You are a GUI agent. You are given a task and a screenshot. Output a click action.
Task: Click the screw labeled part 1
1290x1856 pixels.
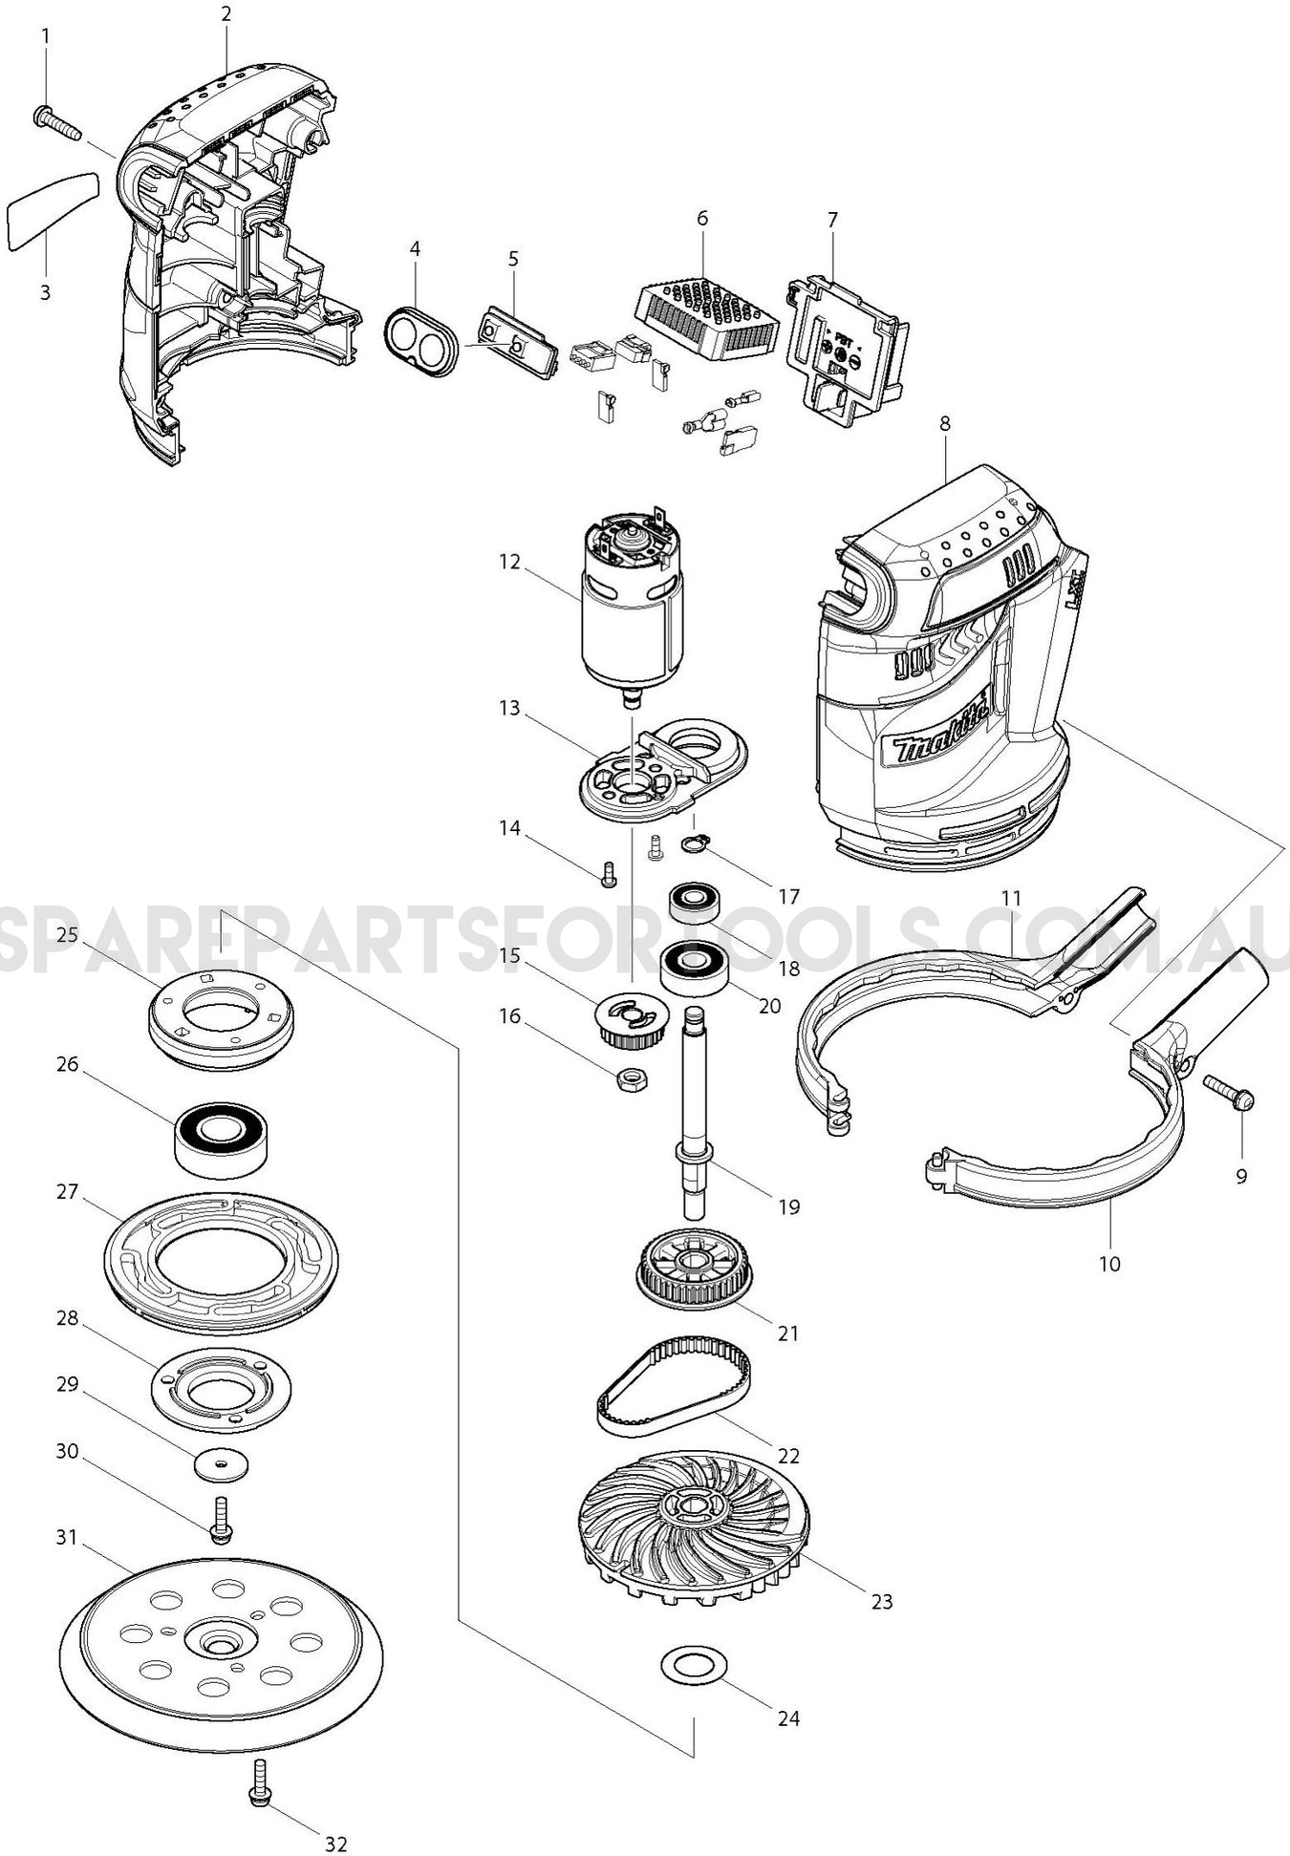(x=57, y=122)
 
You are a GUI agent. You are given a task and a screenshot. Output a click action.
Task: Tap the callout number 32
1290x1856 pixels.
(x=335, y=1844)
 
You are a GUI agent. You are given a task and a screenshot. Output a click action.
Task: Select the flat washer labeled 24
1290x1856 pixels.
(x=694, y=1665)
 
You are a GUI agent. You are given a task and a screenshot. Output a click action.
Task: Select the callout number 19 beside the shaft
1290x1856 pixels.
(x=788, y=1206)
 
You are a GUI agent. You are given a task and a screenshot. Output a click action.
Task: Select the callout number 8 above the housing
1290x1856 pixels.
(x=944, y=423)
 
